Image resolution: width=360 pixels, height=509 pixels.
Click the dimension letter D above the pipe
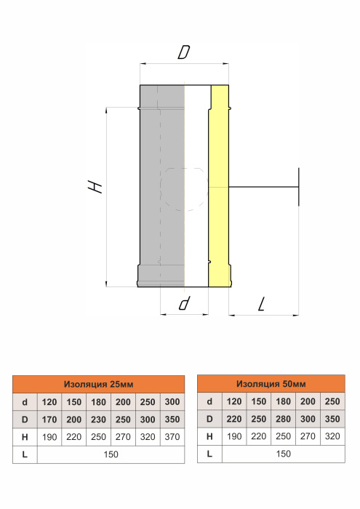184,52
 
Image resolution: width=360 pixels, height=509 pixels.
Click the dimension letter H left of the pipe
95,188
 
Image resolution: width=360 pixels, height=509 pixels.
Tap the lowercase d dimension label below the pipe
184,303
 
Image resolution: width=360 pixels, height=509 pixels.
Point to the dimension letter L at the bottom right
262,304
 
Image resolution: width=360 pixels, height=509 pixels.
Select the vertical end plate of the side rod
299,188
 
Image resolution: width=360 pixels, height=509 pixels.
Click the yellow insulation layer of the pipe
219,187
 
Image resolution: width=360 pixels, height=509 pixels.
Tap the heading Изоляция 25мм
98,385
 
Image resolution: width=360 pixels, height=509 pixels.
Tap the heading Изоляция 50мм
271,384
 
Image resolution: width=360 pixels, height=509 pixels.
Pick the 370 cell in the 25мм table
172,437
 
